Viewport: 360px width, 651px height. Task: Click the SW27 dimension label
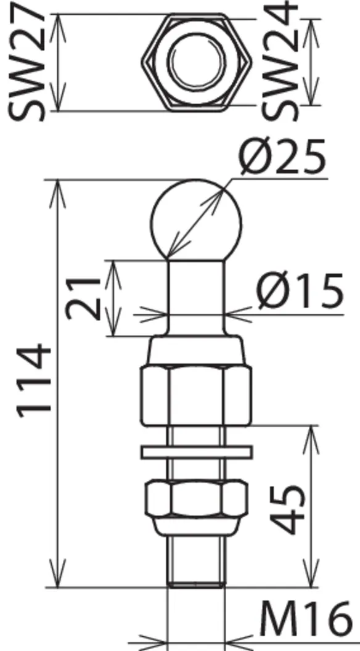(27, 62)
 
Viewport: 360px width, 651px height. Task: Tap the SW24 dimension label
(280, 62)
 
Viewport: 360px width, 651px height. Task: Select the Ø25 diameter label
(283, 157)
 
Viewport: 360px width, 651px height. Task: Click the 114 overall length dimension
(34, 380)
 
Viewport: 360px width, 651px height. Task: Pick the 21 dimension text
(84, 298)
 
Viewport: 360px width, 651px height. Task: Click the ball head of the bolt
(195, 219)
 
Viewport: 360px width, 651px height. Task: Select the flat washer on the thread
(196, 452)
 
